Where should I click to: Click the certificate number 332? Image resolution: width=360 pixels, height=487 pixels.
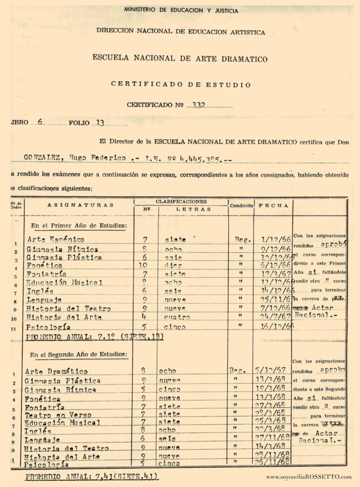[198, 105]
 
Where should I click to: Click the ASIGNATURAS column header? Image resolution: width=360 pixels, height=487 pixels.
[80, 205]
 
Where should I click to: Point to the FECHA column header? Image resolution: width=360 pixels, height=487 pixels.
[273, 205]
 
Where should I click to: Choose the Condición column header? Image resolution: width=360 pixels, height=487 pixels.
[241, 205]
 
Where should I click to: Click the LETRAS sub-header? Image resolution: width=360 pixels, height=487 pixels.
[194, 209]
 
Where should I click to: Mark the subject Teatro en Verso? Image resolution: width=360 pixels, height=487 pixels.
[58, 415]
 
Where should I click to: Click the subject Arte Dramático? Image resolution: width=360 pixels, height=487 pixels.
[56, 371]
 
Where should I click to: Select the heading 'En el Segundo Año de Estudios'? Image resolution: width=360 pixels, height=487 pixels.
[78, 355]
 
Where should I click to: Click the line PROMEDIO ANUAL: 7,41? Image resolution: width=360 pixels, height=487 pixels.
[91, 477]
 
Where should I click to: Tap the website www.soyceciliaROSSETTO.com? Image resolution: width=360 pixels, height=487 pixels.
[309, 477]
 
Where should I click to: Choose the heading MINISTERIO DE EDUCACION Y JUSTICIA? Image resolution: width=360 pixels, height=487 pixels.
[181, 10]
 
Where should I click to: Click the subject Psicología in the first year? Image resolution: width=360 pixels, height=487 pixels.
[50, 327]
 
